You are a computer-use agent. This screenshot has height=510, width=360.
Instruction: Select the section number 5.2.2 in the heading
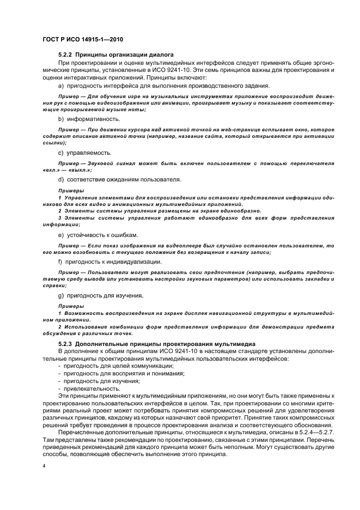(65, 55)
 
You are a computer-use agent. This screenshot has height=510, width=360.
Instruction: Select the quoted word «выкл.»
(76, 169)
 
